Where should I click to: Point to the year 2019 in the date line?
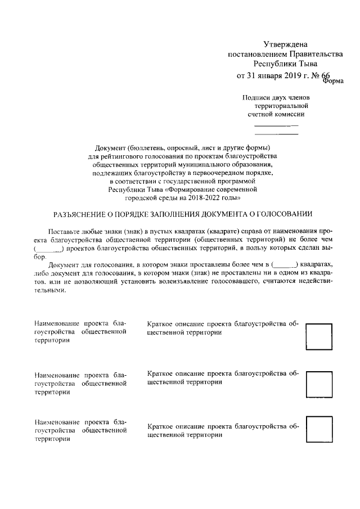[287, 76]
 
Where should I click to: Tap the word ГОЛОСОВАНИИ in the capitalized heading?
[286, 214]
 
